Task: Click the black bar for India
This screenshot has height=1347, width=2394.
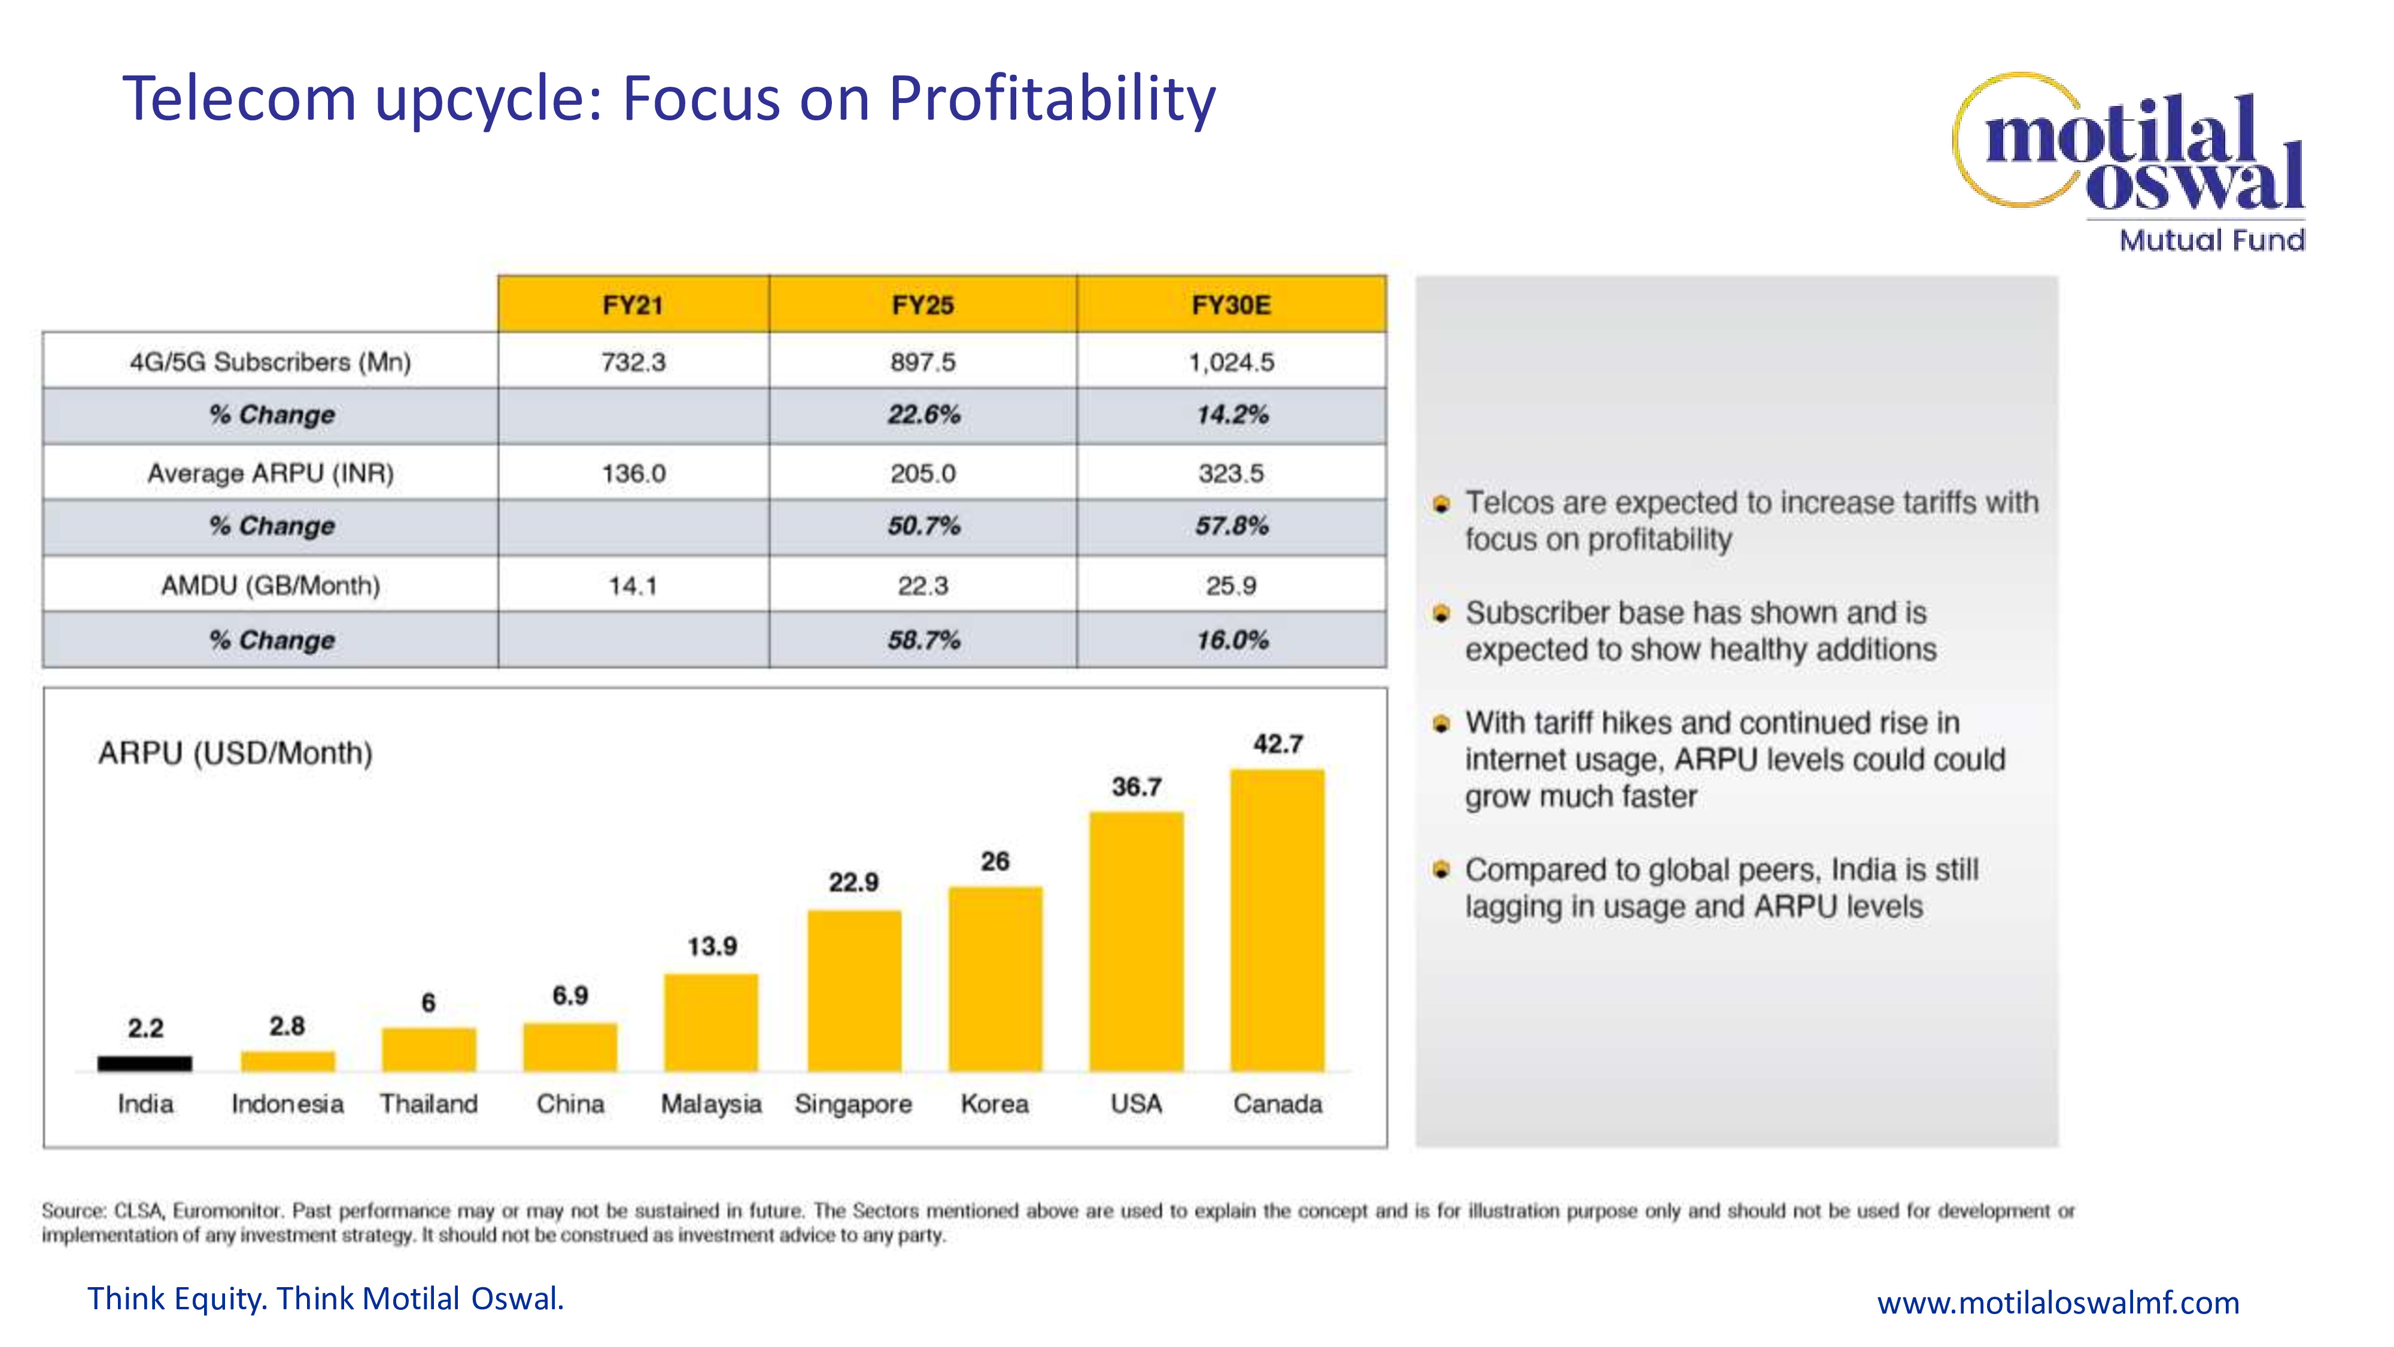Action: tap(145, 1063)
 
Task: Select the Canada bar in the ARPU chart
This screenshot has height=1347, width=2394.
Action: tap(1277, 920)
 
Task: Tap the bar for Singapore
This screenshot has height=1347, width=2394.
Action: tap(853, 991)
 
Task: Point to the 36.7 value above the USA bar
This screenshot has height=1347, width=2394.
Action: tap(1136, 787)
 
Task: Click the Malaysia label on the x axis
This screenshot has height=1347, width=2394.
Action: tap(711, 1105)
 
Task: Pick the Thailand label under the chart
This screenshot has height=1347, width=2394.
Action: tap(429, 1105)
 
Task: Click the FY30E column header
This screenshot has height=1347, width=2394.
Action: tap(1231, 305)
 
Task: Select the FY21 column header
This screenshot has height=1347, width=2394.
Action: tap(633, 305)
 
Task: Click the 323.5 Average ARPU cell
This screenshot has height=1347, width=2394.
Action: tap(1231, 473)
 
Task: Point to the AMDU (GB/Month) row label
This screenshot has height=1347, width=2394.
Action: tap(271, 585)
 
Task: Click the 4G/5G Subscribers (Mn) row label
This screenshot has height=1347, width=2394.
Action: tap(271, 362)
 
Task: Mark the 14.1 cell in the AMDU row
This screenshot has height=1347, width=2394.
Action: tap(633, 585)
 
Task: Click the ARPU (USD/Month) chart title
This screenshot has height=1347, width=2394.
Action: tap(235, 753)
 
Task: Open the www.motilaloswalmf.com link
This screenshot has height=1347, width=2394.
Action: tap(2058, 1302)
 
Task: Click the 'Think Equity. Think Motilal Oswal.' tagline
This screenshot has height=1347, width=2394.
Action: tap(325, 1299)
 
